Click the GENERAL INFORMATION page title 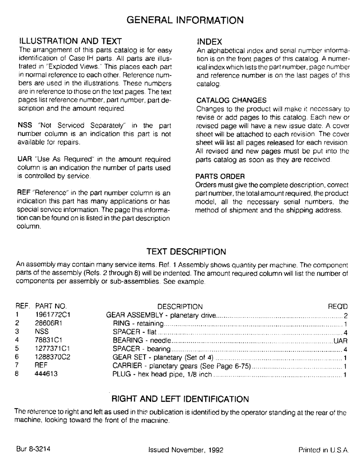(185, 20)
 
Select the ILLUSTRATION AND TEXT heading (69, 41)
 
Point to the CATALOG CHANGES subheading (231, 100)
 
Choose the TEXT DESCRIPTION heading (186, 252)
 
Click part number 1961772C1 (53, 315)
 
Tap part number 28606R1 (48, 323)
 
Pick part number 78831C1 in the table (48, 340)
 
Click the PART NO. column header (51, 307)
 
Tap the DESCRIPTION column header (180, 307)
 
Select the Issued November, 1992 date (185, 451)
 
